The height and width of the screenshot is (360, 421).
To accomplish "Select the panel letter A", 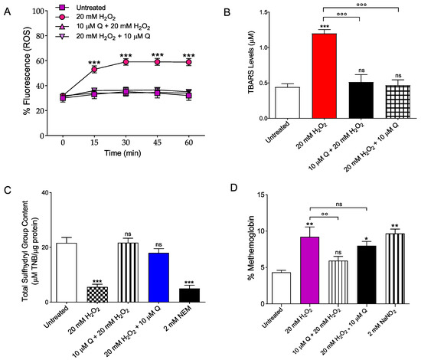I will (x=6, y=6).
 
